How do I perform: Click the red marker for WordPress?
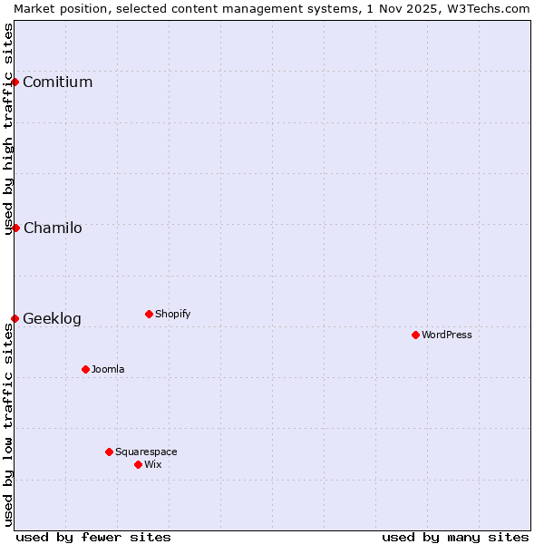pos(415,335)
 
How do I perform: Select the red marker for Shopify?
pos(149,314)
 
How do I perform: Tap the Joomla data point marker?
pos(85,369)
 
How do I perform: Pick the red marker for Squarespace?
pos(109,452)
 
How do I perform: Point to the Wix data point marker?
pos(138,464)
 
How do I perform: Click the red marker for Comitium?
pos(15,82)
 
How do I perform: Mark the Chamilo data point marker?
pos(15,228)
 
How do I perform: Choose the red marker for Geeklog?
pos(15,318)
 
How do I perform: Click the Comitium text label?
pos(58,83)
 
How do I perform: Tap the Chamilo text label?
pos(53,228)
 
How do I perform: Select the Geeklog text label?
pos(52,319)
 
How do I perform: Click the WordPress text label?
pos(447,335)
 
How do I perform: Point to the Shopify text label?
pos(173,315)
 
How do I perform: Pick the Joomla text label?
pos(108,370)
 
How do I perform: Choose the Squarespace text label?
pos(146,452)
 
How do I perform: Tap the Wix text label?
pos(153,465)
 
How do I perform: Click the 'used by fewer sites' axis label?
pos(93,537)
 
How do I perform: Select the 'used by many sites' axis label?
pos(455,537)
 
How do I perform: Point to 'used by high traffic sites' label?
pos(8,129)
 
